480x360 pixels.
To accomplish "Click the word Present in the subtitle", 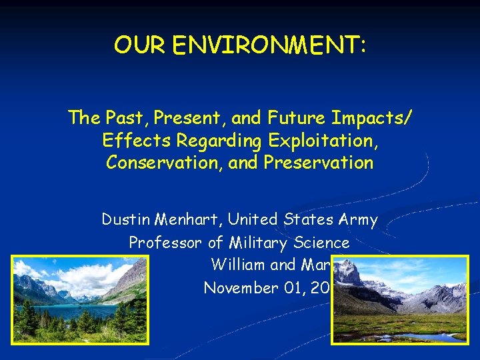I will [x=189, y=119].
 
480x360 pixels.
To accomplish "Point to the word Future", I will [x=296, y=119].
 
